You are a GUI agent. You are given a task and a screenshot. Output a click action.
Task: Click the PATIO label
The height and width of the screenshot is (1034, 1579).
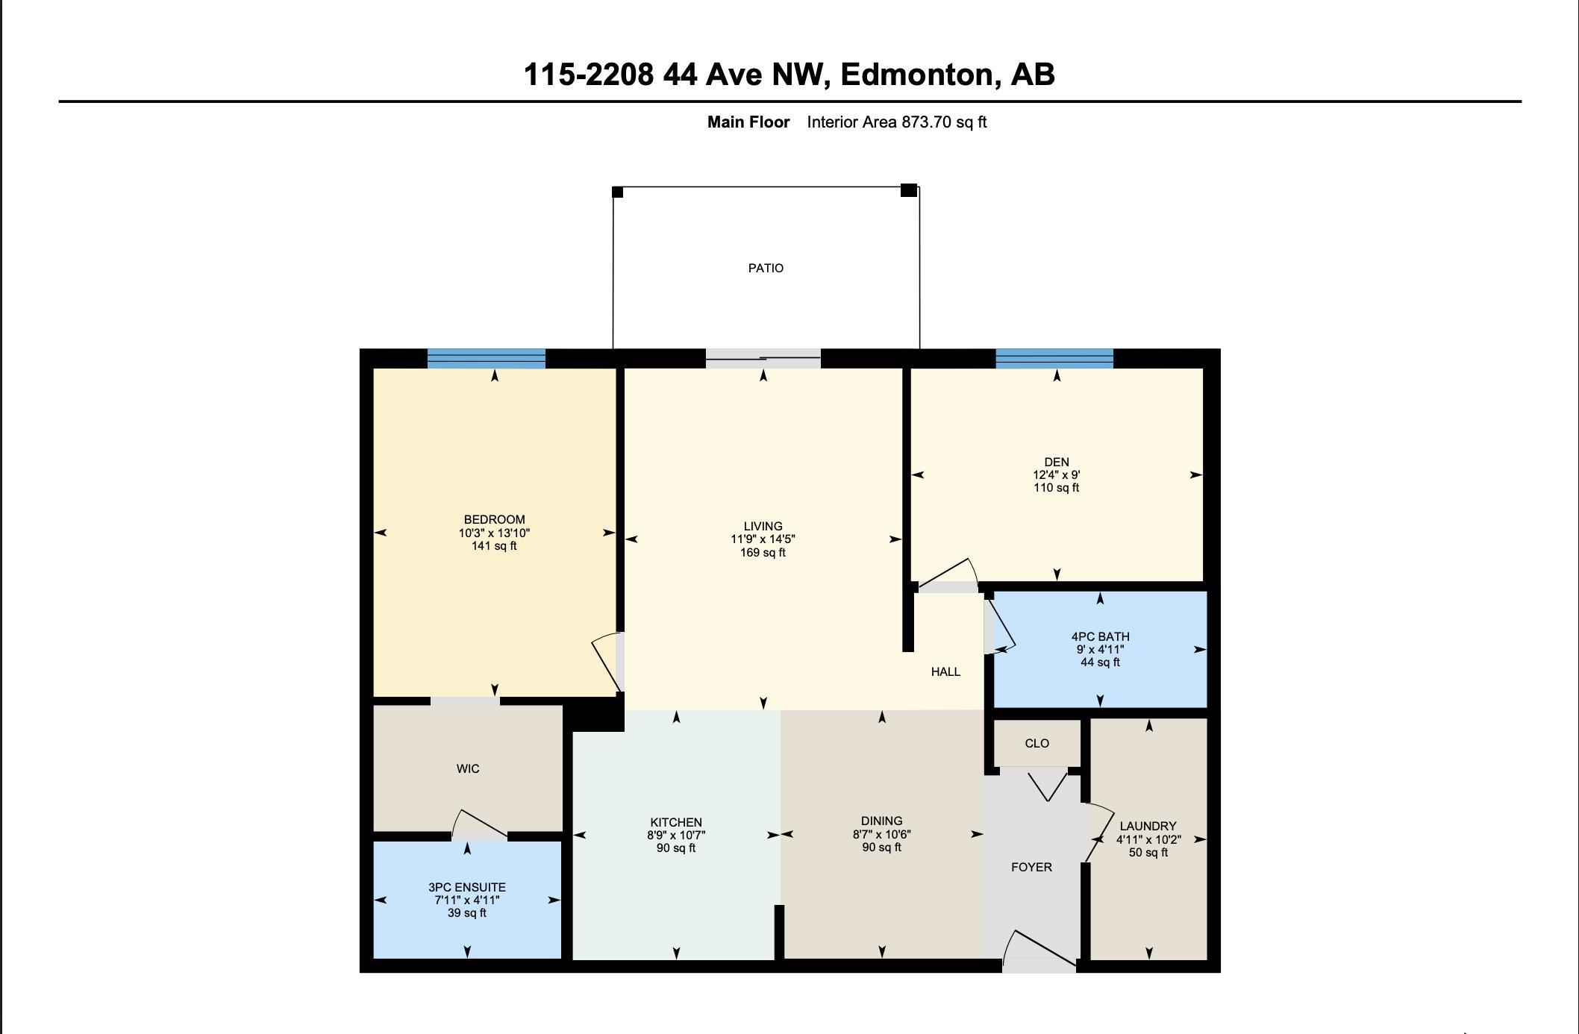[766, 268]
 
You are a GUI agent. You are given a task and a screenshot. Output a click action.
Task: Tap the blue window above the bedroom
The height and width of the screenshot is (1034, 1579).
[487, 359]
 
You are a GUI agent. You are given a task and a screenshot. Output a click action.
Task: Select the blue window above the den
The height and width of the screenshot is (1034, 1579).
[1054, 359]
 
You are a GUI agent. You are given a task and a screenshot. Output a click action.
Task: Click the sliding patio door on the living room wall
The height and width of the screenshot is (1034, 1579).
[763, 359]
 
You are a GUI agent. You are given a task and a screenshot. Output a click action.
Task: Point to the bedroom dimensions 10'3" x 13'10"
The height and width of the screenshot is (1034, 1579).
[494, 533]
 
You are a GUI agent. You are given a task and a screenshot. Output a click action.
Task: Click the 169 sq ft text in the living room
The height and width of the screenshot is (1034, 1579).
[763, 553]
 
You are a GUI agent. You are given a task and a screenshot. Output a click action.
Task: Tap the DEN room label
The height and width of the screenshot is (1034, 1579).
[1056, 462]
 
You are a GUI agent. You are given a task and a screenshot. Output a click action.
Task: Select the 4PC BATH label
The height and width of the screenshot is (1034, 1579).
[1100, 636]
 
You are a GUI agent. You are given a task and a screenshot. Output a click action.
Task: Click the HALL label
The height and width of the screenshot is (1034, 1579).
[945, 671]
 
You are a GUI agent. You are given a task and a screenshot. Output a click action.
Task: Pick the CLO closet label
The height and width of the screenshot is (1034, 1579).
[1036, 743]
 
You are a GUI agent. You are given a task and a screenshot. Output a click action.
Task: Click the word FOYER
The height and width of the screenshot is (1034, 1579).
[1031, 867]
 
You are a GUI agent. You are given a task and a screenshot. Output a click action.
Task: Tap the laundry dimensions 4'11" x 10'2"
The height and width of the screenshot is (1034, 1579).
[1148, 839]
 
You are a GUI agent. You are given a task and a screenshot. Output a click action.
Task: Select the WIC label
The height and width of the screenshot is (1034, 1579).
[468, 768]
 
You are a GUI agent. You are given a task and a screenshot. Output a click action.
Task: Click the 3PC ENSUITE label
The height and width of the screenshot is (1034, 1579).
[467, 887]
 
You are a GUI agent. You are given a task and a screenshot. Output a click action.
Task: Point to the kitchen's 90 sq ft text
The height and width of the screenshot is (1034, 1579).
[676, 848]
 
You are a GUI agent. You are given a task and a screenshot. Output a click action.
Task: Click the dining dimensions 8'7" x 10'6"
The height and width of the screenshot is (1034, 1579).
[881, 834]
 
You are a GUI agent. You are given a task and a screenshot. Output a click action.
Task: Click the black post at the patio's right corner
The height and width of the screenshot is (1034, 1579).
[908, 190]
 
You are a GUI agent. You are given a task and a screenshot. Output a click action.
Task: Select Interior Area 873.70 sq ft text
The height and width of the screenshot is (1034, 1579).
[896, 122]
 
